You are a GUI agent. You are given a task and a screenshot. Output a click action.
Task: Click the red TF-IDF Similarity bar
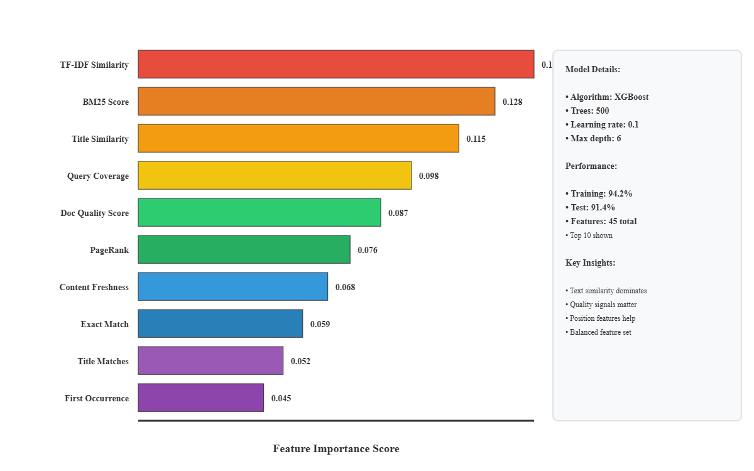coord(336,64)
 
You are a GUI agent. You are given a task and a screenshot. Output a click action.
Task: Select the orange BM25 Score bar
coord(317,101)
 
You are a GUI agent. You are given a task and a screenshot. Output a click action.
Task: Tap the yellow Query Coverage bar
coord(275,175)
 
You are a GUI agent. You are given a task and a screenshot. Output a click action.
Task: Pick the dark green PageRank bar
coord(244,249)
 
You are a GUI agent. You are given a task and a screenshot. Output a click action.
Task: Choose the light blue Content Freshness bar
coord(233,286)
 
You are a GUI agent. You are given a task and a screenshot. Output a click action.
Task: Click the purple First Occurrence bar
coord(201,398)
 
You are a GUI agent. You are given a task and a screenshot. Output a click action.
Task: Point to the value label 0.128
coord(512,102)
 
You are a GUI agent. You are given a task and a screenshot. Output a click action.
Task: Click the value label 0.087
coord(398,213)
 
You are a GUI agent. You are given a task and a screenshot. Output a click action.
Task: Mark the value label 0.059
coord(320,324)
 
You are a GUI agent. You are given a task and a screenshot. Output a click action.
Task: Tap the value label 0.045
coord(281,398)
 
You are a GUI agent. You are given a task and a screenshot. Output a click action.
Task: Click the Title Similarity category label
coord(100,139)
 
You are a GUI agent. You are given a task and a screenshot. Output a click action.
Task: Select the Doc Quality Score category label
coord(94,213)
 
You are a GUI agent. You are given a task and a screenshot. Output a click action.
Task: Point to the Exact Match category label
coord(104,324)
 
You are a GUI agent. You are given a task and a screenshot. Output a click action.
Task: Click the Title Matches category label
coord(103,361)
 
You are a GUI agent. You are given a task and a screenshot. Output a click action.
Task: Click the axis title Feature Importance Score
coord(336,448)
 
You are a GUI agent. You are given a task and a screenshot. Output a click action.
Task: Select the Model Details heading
coord(593,69)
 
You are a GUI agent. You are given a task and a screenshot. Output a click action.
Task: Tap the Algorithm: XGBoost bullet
coord(607,97)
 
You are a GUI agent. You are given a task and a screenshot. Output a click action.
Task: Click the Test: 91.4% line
coord(590,207)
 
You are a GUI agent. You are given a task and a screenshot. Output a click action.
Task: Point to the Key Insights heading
coord(590,263)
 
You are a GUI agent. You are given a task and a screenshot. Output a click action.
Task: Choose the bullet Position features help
coord(600,318)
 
